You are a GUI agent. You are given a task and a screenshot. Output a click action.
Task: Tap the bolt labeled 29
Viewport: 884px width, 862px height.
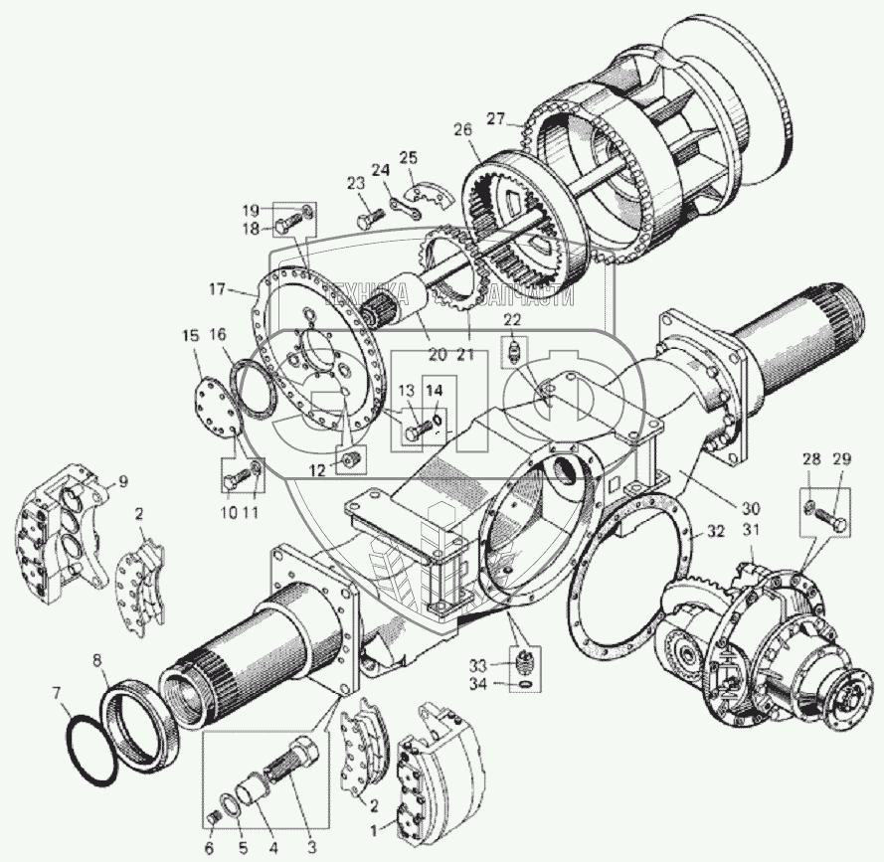(x=837, y=521)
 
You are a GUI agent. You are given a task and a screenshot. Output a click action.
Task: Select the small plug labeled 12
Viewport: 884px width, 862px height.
(x=349, y=460)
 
